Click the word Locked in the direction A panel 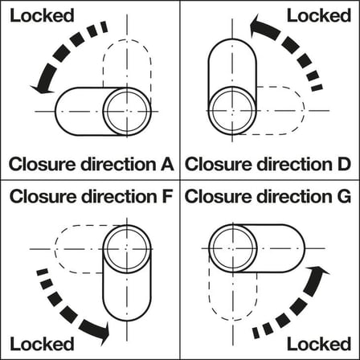pos(42,15)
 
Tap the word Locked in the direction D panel pos(319,15)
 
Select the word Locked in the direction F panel pos(42,344)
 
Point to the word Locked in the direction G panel pos(319,344)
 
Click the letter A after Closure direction pos(167,164)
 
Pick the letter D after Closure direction pos(344,164)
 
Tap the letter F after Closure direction pos(166,197)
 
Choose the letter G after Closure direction pos(344,197)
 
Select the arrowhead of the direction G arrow pos(318,271)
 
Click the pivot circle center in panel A pos(127,112)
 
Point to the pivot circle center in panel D pos(232,110)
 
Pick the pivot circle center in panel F pos(127,249)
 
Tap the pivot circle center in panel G pos(233,248)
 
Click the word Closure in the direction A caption pos(42,164)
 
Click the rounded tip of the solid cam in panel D pos(232,39)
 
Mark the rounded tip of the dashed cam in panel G pos(233,320)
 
